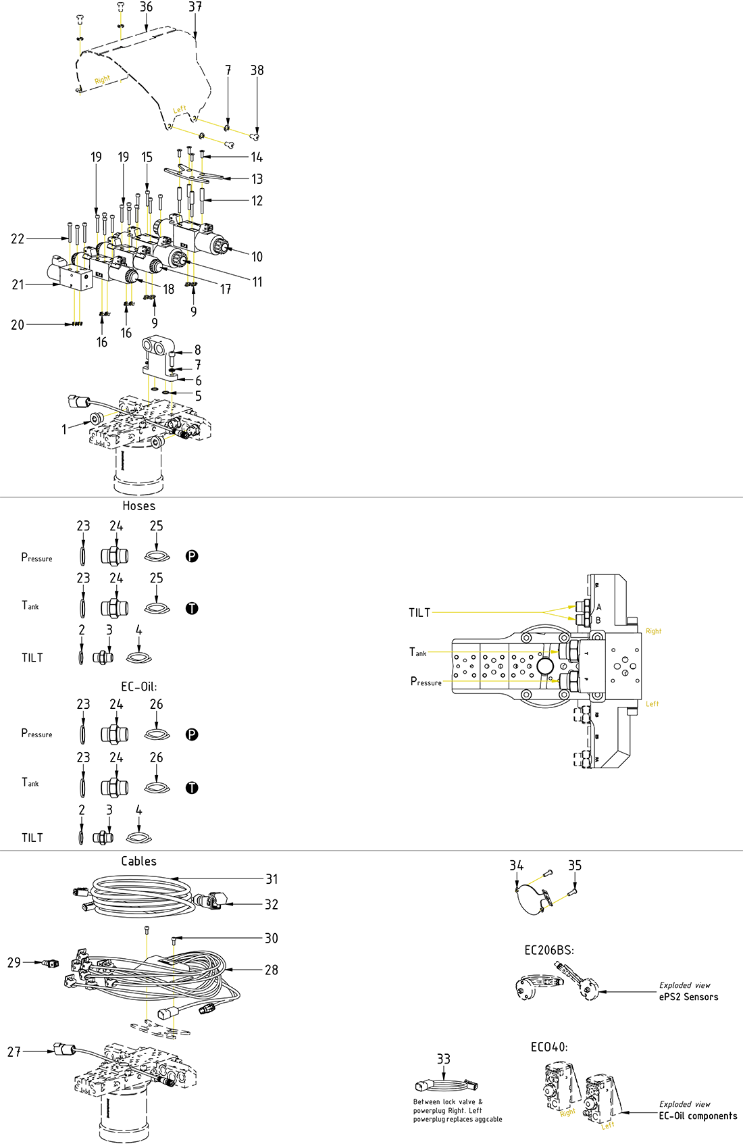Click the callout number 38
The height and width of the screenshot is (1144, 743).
tap(257, 70)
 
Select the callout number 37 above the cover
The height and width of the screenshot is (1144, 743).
tap(195, 7)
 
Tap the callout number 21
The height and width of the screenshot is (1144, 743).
tap(18, 285)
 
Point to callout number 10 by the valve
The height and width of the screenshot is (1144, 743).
tap(257, 257)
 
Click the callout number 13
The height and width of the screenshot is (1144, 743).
tap(257, 179)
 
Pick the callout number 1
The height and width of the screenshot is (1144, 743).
tap(64, 430)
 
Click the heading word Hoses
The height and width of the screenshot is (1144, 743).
tap(138, 506)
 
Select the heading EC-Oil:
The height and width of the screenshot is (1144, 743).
tap(138, 687)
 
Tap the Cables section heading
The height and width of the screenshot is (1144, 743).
tap(138, 862)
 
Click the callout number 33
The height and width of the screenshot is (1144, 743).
tap(443, 1059)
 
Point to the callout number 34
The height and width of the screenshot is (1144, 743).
tap(516, 866)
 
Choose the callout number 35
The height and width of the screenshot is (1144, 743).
tap(575, 866)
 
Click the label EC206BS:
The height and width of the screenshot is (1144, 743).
tap(549, 950)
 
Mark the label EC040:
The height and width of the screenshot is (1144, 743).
tap(549, 1047)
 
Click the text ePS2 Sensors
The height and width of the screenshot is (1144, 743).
tap(688, 997)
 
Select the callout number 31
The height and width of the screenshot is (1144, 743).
tap(272, 879)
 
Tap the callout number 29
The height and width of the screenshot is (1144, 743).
tap(14, 962)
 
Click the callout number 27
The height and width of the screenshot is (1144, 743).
tap(14, 1051)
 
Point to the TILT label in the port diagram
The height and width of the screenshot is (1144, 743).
tap(419, 613)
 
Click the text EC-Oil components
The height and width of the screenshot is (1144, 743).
tap(698, 1116)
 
